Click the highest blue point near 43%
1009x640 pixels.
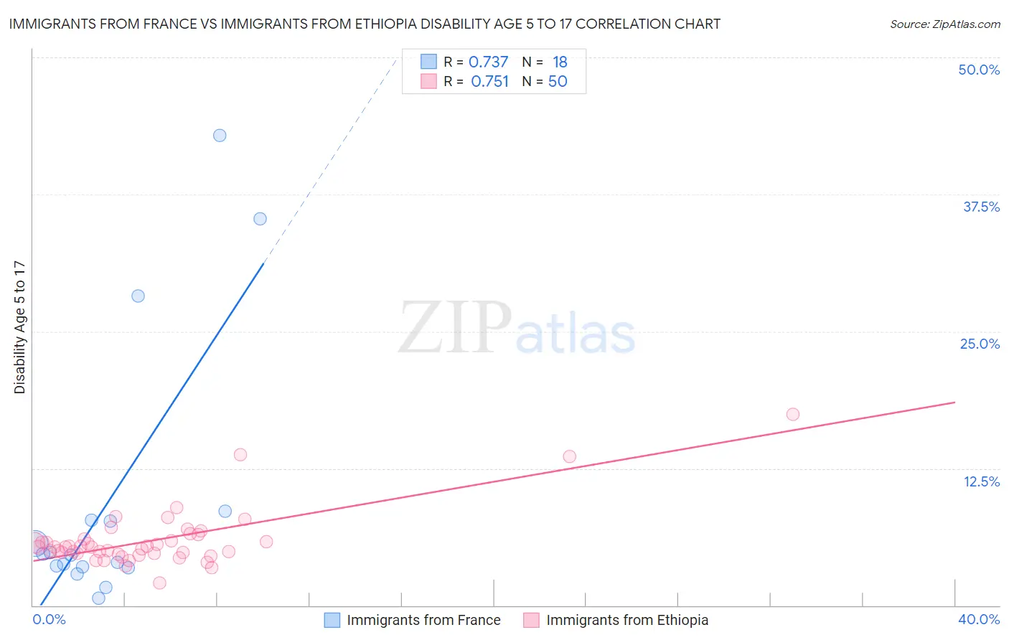(x=220, y=136)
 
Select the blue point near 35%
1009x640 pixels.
(x=260, y=219)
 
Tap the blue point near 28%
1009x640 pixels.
(x=138, y=296)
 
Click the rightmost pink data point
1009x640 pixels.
(x=792, y=414)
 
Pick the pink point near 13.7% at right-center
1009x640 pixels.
(x=569, y=456)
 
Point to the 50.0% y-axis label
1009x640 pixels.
(x=979, y=70)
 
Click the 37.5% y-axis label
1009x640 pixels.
(x=981, y=207)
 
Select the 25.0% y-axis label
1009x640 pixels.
(x=980, y=344)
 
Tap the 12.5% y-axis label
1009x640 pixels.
(x=981, y=481)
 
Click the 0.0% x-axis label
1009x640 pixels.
(x=50, y=619)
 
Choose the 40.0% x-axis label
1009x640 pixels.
(x=979, y=619)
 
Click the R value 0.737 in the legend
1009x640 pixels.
(x=488, y=62)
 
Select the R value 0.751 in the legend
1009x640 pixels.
(x=489, y=82)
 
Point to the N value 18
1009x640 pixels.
(x=560, y=62)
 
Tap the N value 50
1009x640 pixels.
(x=558, y=82)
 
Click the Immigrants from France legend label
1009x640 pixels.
(x=423, y=620)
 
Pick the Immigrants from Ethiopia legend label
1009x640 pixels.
(x=626, y=620)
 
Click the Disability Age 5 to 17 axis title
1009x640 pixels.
(x=20, y=327)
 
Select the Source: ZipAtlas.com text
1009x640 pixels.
(x=944, y=24)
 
